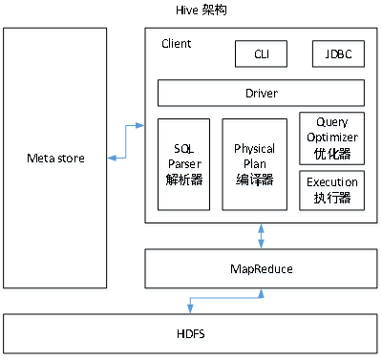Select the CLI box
click(x=261, y=54)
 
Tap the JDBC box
click(x=338, y=54)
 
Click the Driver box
click(x=261, y=93)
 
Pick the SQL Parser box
click(x=183, y=163)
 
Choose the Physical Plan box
click(x=254, y=163)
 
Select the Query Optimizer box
click(x=331, y=138)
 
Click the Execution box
click(x=331, y=190)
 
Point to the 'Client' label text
click(x=176, y=43)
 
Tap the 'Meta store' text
click(x=54, y=156)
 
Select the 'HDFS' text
click(x=190, y=334)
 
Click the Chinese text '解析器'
click(x=183, y=178)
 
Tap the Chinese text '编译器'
click(x=254, y=178)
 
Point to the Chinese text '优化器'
click(x=331, y=152)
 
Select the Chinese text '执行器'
click(x=331, y=198)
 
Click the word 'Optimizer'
click(x=331, y=138)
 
